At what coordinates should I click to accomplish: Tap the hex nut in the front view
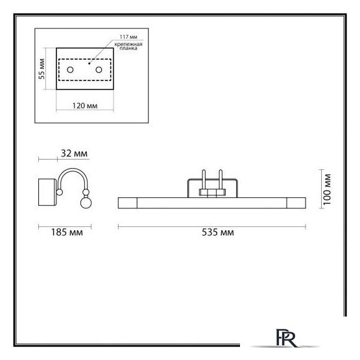click(x=210, y=193)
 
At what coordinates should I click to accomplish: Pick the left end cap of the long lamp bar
click(x=127, y=203)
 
